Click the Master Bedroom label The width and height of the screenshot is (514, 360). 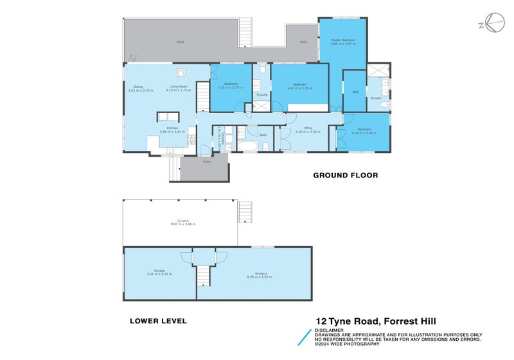(x=343, y=40)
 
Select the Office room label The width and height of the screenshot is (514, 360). (x=308, y=128)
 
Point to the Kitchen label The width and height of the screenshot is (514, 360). (x=172, y=128)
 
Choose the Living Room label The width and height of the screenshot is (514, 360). (x=178, y=87)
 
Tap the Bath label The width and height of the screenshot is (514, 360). (x=263, y=135)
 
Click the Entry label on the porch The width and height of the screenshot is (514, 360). (x=207, y=161)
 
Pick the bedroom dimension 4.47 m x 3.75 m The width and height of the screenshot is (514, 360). (x=299, y=89)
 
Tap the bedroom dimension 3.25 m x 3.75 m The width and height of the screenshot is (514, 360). (x=231, y=88)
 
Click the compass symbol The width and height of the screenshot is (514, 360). (x=492, y=24)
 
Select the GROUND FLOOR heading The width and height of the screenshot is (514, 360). (x=345, y=175)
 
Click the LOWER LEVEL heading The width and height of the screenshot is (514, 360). (x=158, y=321)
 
